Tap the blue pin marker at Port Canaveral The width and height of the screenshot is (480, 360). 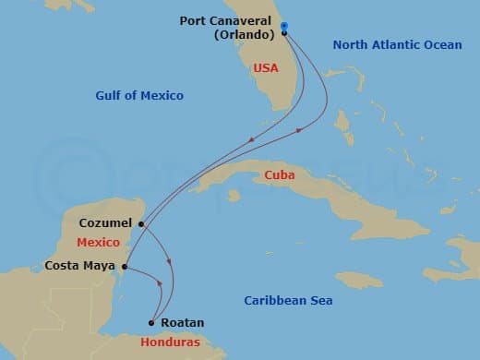[284, 27]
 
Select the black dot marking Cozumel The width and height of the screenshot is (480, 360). [141, 223]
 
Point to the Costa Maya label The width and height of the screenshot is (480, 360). [79, 267]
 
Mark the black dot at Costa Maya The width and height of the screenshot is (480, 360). [124, 268]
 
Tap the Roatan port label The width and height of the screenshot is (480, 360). [182, 324]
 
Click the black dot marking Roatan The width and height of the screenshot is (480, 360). [151, 322]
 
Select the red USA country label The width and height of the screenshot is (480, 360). [266, 67]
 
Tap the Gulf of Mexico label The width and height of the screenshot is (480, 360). [139, 95]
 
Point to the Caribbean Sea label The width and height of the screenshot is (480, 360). [288, 301]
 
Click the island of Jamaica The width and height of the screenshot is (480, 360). [358, 279]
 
